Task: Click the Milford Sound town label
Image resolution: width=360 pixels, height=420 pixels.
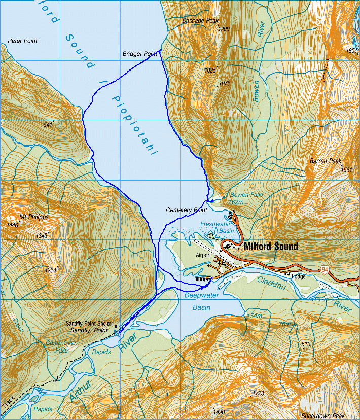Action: [x=271, y=247]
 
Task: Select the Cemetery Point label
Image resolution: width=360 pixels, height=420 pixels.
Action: [x=186, y=209]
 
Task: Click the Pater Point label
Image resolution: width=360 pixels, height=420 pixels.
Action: [x=23, y=41]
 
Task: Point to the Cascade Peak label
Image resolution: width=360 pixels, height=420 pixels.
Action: [x=200, y=21]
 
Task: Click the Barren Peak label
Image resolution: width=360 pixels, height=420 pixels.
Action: [x=326, y=161]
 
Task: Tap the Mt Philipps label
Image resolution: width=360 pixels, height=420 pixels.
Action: [x=34, y=217]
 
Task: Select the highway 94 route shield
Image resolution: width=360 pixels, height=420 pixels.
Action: [x=325, y=268]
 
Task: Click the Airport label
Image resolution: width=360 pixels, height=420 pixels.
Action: [x=203, y=255]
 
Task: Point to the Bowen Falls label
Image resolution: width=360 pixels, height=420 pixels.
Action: [x=246, y=195]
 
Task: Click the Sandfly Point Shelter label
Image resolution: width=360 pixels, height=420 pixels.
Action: [x=89, y=323]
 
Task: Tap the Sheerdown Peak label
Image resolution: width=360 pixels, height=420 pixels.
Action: [x=323, y=416]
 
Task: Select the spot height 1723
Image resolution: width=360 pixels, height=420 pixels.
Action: [x=258, y=393]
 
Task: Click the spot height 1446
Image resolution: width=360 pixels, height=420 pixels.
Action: [x=12, y=225]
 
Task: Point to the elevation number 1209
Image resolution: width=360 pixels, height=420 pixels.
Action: [x=224, y=29]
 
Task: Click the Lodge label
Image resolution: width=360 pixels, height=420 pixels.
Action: [x=298, y=276]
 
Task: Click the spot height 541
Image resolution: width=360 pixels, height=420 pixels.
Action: [x=48, y=124]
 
